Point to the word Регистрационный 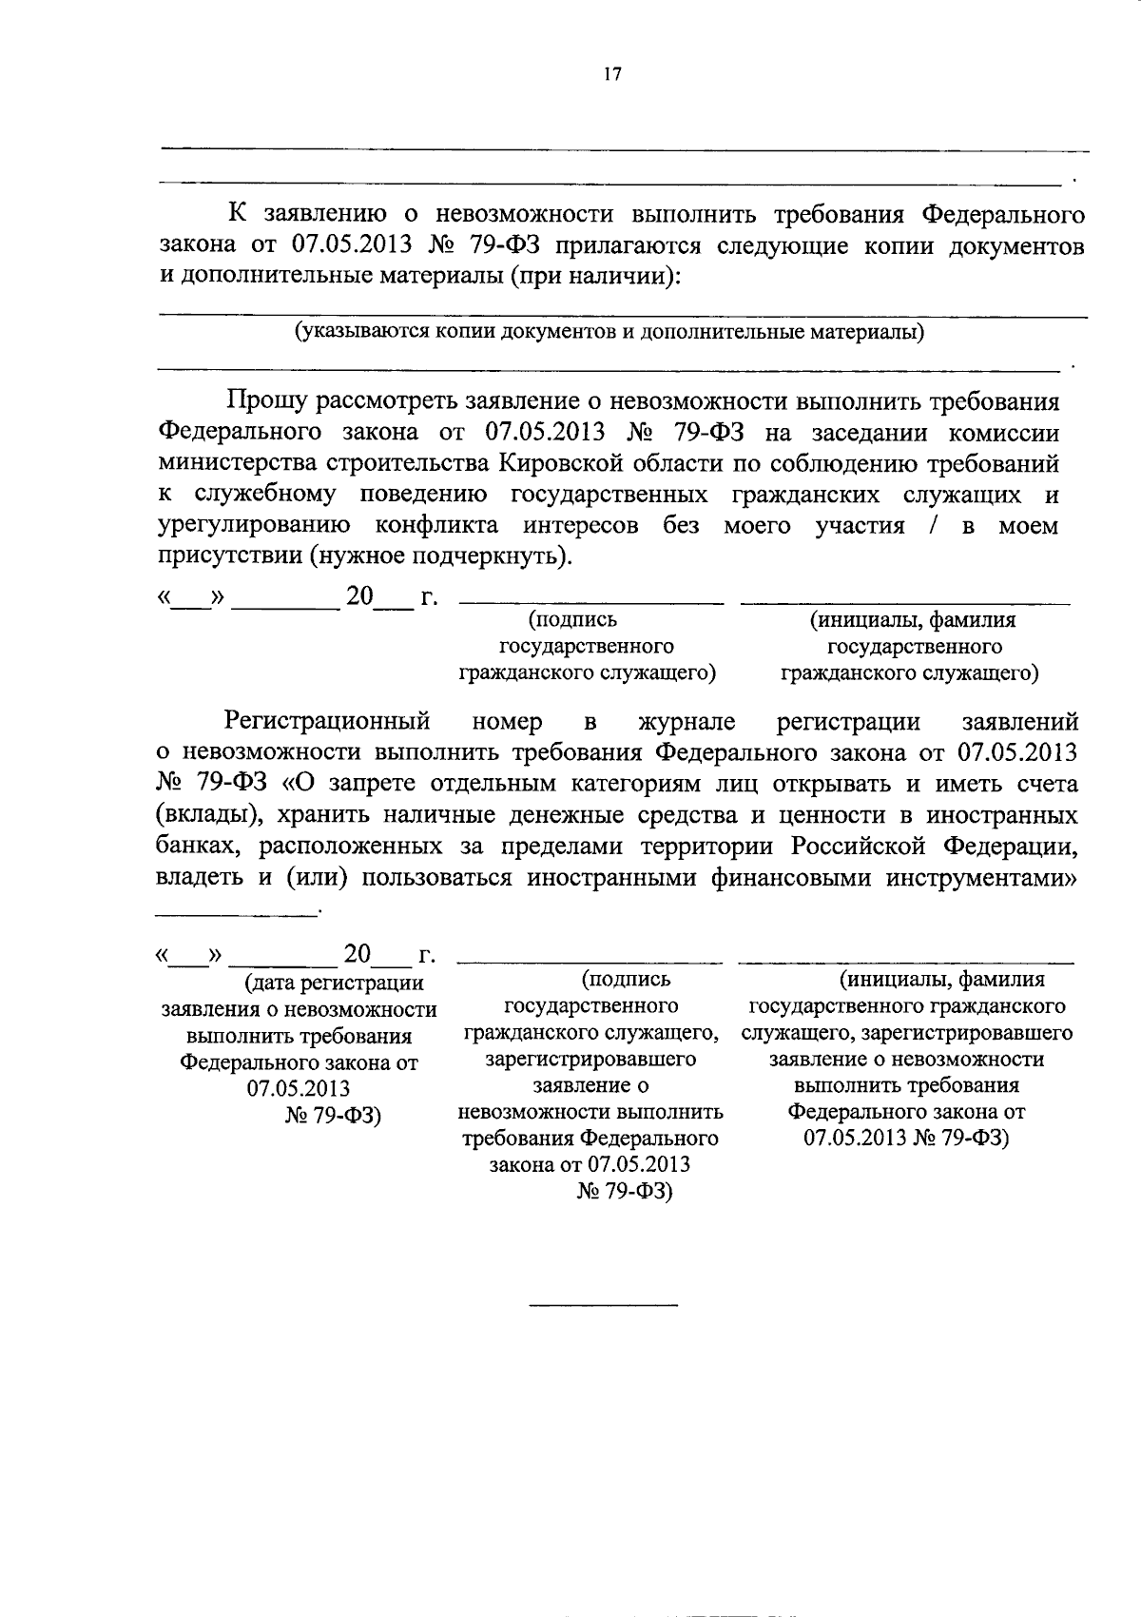pos(328,722)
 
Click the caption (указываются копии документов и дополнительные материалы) pos(609,332)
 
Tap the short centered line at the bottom pos(603,1304)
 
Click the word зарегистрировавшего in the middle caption pos(590,1059)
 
